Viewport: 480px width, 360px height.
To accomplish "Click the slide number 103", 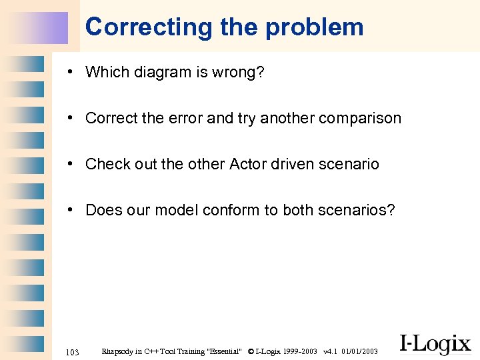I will coord(73,351).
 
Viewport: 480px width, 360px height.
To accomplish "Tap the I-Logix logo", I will coord(435,344).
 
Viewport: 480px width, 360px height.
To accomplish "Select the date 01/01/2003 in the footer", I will coord(359,351).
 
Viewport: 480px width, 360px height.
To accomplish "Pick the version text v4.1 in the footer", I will coord(329,351).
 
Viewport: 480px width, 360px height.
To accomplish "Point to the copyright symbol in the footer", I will coord(250,351).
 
